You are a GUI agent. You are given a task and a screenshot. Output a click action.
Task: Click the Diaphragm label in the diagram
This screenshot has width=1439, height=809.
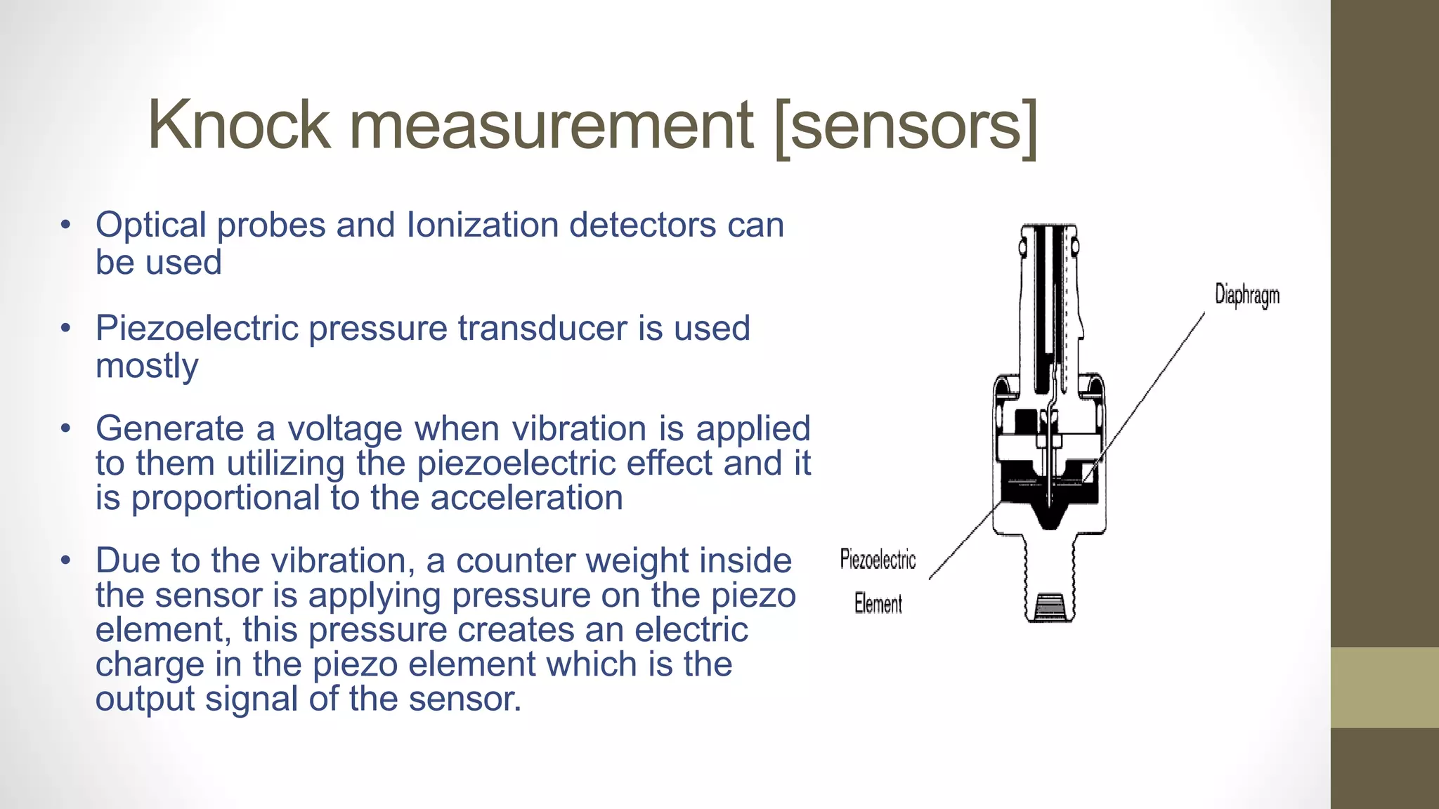(x=1247, y=295)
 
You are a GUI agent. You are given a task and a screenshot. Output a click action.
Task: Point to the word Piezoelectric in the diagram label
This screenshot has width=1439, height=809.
(x=878, y=560)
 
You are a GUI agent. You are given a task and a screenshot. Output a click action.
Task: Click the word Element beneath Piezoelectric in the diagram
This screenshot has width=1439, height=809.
(x=878, y=603)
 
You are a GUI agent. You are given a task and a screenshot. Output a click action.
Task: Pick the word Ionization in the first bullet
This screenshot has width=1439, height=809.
(x=483, y=225)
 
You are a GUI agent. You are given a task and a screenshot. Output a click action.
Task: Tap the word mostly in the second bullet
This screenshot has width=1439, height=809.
(x=147, y=366)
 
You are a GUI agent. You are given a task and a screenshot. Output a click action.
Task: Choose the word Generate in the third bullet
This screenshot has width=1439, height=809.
(x=170, y=429)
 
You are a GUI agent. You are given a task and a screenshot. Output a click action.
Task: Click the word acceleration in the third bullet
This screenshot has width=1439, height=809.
(x=526, y=498)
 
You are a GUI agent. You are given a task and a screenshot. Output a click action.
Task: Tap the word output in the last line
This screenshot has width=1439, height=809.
(x=145, y=699)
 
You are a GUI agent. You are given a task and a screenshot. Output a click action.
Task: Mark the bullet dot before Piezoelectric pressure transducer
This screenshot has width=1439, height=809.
(x=66, y=328)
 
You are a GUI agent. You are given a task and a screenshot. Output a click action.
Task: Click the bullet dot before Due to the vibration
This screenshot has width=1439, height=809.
(x=66, y=560)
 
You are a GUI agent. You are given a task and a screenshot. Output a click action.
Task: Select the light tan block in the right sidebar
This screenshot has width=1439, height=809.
(x=1384, y=688)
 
